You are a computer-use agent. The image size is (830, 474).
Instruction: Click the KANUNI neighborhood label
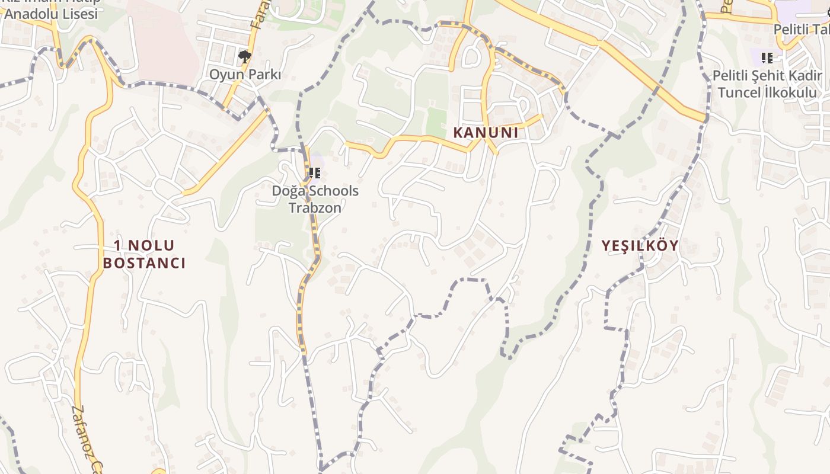click(x=485, y=133)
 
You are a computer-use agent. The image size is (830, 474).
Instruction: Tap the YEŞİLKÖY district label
click(x=640, y=246)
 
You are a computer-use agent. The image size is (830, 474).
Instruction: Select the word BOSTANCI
click(x=144, y=263)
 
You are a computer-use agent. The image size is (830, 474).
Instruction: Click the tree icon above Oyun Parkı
click(x=244, y=57)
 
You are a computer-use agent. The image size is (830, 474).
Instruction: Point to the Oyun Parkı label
click(x=245, y=75)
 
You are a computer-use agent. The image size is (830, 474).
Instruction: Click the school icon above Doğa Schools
click(x=315, y=173)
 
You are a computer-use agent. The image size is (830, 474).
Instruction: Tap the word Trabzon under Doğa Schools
click(x=315, y=208)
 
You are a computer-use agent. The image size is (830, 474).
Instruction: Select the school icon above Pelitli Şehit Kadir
click(x=767, y=58)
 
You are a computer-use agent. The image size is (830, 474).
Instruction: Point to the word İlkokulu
click(x=789, y=92)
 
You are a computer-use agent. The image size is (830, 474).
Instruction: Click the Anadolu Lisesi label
click(x=51, y=13)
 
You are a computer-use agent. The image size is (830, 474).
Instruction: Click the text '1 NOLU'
click(x=144, y=245)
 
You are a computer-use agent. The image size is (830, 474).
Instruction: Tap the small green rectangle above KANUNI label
click(x=436, y=122)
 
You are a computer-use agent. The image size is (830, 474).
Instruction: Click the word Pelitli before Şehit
click(x=732, y=76)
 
